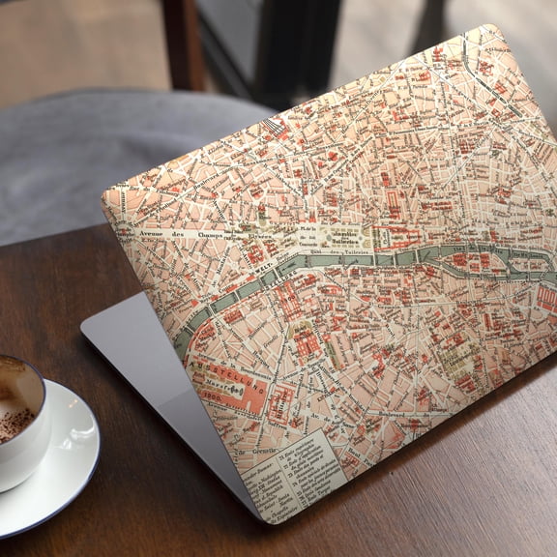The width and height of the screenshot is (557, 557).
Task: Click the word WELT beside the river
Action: click(257, 258)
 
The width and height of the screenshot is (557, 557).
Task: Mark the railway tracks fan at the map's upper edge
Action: click(276, 126)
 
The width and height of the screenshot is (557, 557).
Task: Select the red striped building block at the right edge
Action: click(547, 299)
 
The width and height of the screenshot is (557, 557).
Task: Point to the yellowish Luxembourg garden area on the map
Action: click(454, 358)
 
